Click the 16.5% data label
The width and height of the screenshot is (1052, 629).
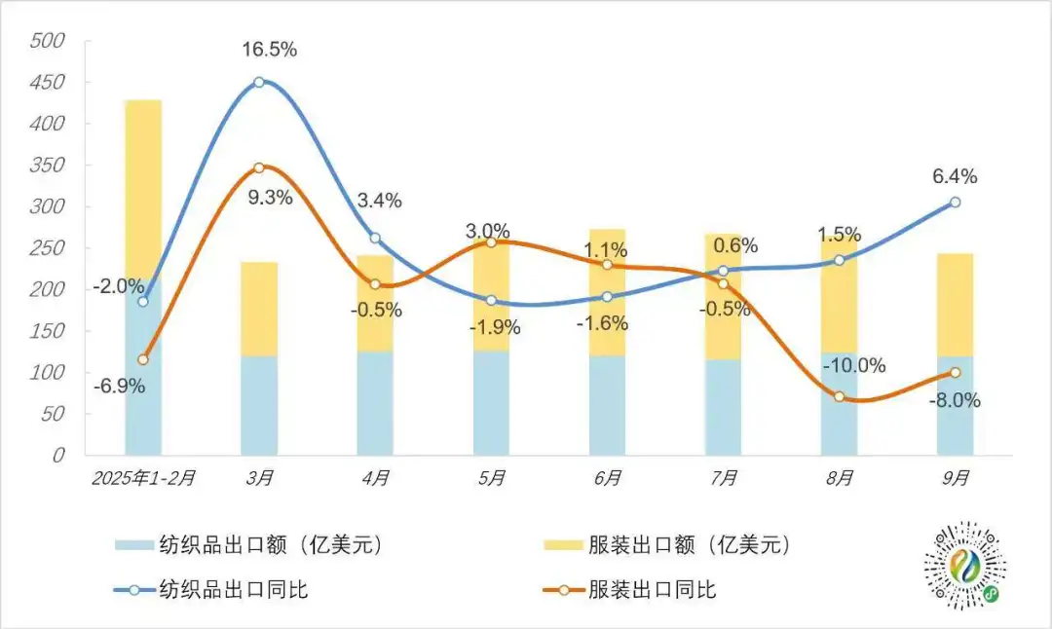point(270,49)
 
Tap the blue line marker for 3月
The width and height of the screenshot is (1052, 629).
point(259,82)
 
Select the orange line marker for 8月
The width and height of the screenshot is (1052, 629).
point(839,396)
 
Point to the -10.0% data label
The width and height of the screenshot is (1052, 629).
point(854,366)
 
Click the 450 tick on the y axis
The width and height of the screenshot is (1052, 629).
point(46,83)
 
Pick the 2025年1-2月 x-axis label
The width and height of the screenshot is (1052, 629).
point(143,478)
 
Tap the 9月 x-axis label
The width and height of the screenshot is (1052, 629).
point(956,478)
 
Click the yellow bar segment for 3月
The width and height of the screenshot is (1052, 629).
point(259,309)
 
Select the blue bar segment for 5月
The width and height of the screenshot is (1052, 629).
point(491,402)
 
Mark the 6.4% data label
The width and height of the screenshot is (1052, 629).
point(954,177)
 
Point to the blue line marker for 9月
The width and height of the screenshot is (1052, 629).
point(955,203)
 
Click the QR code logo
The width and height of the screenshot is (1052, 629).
point(964,565)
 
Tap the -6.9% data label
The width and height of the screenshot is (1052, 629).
point(119,386)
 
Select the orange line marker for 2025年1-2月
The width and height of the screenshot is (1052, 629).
point(143,359)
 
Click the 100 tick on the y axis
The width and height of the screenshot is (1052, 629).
point(46,372)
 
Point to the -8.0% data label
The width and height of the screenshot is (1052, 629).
point(954,400)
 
